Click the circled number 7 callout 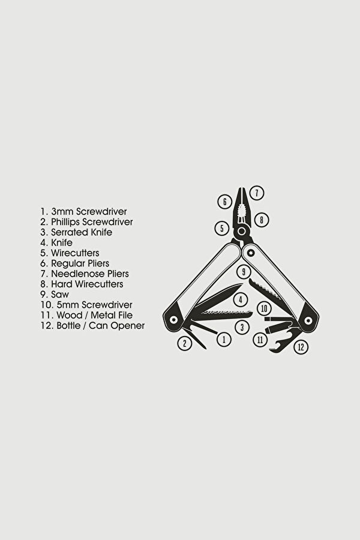257,193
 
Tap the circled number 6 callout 224,202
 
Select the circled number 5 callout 222,228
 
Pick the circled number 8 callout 262,220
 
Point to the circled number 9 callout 244,272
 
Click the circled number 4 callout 241,299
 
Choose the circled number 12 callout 301,347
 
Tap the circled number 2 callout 185,343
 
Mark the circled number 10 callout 264,308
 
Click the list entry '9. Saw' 55,295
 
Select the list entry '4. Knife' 56,243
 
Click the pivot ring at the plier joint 242,231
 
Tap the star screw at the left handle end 173,319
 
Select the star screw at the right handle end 308,320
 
